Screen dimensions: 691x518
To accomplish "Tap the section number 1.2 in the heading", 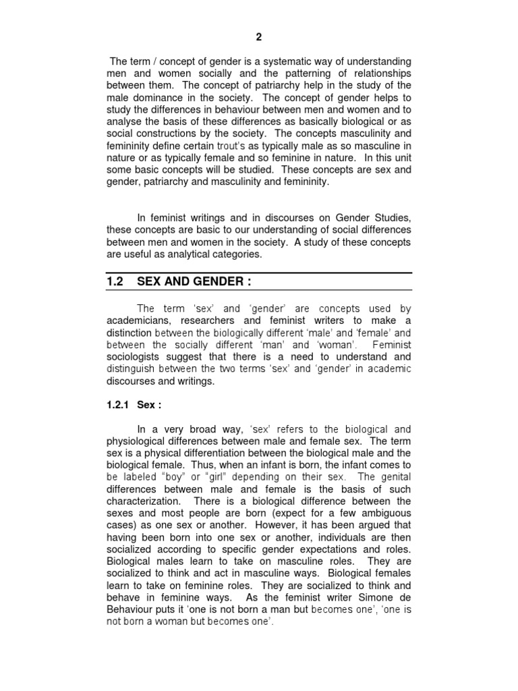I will click(x=116, y=281).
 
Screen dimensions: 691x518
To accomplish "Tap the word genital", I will click(x=393, y=478).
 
